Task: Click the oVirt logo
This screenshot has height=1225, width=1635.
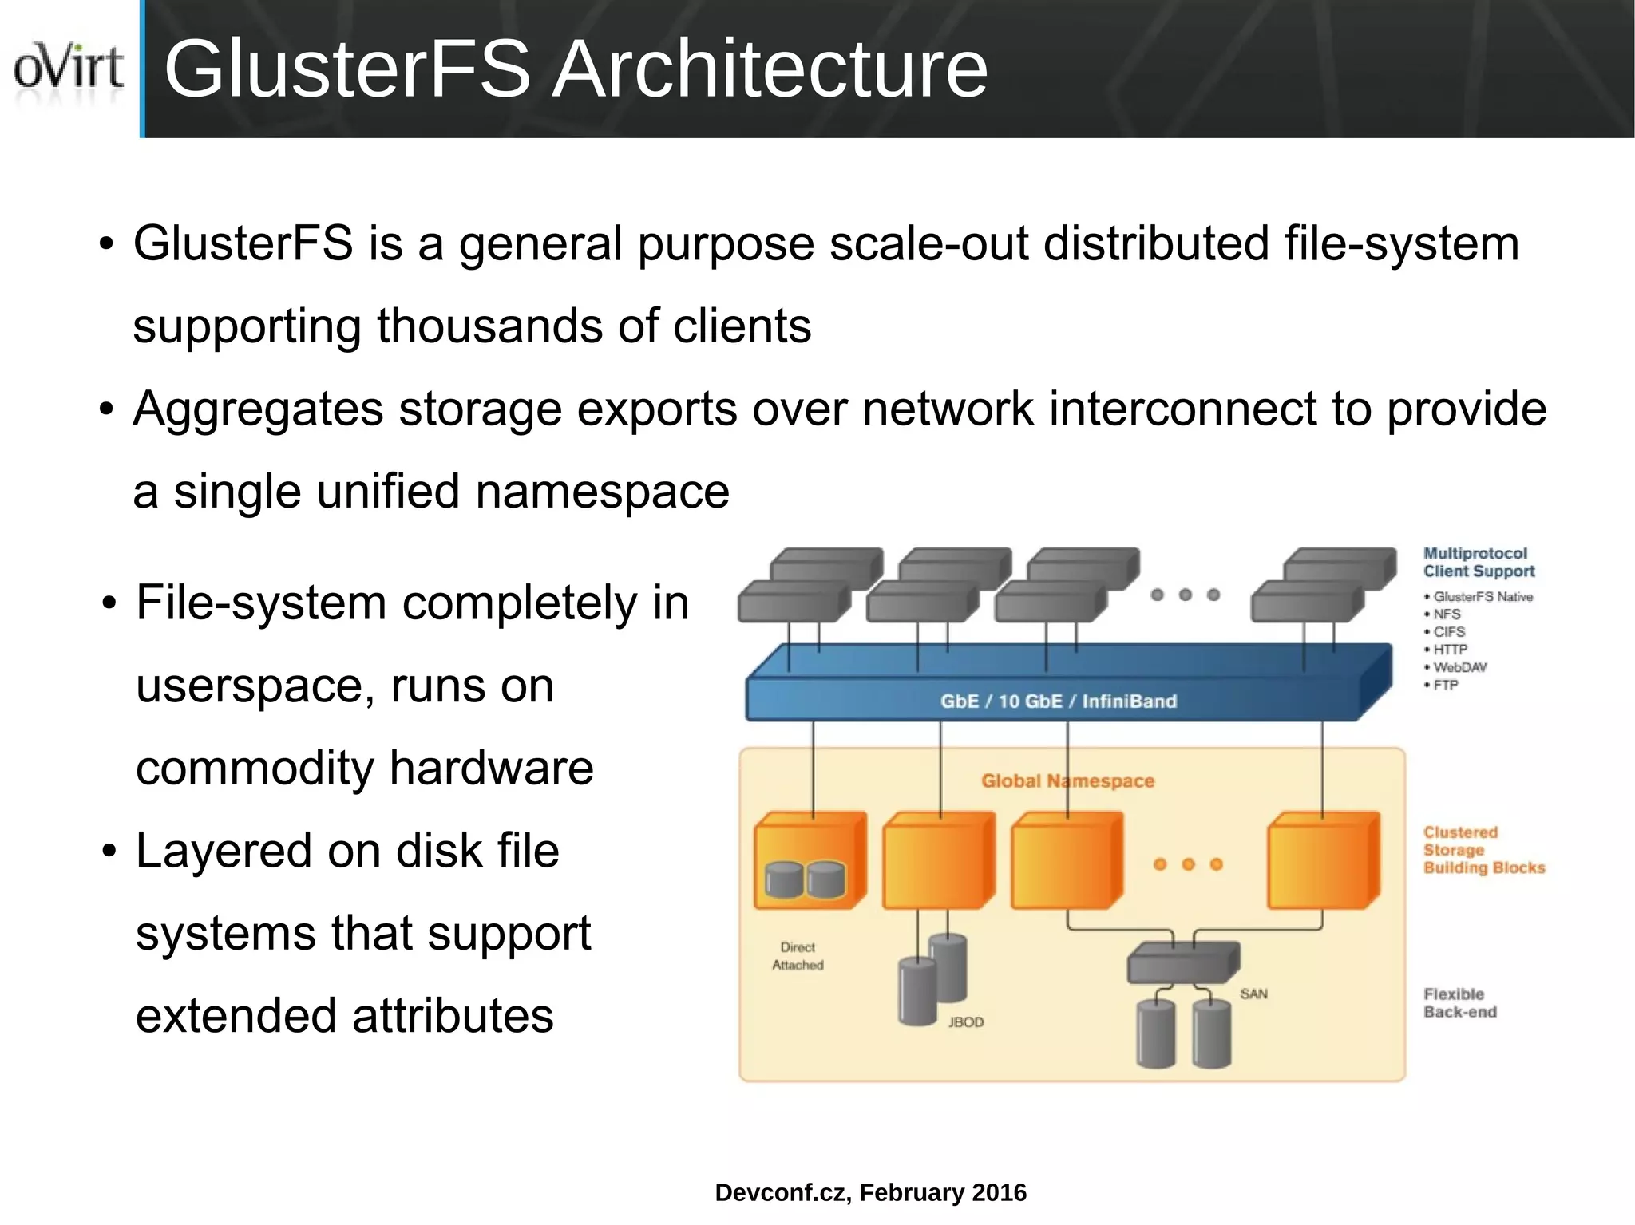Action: pyautogui.click(x=69, y=69)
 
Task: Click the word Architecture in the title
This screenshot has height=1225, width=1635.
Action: pyautogui.click(x=770, y=70)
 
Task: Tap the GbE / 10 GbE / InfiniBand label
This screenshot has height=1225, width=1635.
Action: pyautogui.click(x=1058, y=701)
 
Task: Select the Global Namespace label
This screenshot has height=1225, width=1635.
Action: pyautogui.click(x=1067, y=781)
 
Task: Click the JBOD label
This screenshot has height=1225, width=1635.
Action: pyautogui.click(x=965, y=1022)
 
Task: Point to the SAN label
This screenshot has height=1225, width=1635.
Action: pyautogui.click(x=1253, y=994)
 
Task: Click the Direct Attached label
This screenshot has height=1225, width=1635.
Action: pyautogui.click(x=798, y=956)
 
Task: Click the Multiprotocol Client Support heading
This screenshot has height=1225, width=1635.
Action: pyautogui.click(x=1478, y=563)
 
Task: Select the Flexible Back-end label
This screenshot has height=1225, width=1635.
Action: pyautogui.click(x=1459, y=1003)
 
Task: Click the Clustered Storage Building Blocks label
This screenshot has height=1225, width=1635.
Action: pyautogui.click(x=1483, y=850)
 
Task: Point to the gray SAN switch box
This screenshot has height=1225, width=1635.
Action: pyautogui.click(x=1182, y=964)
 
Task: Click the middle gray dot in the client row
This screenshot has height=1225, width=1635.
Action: pyautogui.click(x=1186, y=595)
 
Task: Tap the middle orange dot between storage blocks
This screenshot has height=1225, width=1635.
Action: pyautogui.click(x=1188, y=864)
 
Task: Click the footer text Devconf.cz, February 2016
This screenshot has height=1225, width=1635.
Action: pyautogui.click(x=870, y=1192)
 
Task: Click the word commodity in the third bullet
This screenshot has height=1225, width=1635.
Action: pyautogui.click(x=255, y=768)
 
